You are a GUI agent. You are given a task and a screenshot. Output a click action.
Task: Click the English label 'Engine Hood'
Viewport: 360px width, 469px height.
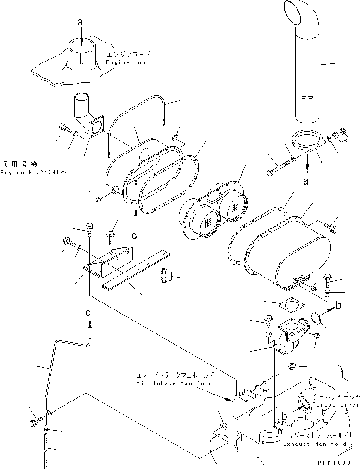[x=128, y=62]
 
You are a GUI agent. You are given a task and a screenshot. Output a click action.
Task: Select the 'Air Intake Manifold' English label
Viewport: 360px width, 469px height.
[x=174, y=383]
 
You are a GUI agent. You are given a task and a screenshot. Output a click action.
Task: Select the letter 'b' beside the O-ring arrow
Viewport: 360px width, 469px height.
[x=338, y=306]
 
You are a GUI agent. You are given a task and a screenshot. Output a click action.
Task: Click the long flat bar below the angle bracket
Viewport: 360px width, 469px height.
[x=134, y=273]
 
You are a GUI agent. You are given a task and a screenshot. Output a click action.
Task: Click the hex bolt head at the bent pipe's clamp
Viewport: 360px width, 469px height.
[x=34, y=422]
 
